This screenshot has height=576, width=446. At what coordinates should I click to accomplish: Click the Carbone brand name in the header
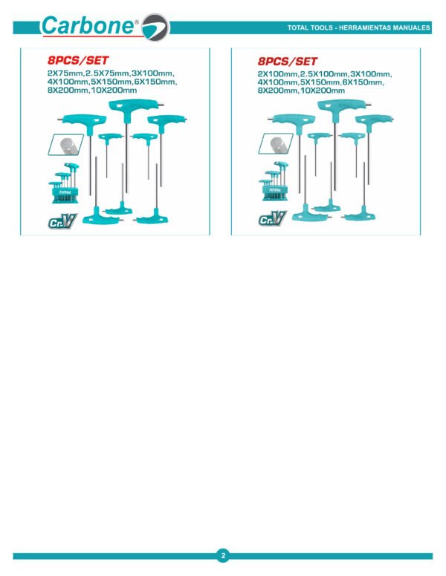(88, 26)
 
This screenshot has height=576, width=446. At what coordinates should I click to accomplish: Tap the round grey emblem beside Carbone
(155, 27)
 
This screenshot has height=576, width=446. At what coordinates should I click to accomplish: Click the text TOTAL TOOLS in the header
(310, 27)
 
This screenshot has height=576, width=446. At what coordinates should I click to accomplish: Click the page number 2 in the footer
(223, 555)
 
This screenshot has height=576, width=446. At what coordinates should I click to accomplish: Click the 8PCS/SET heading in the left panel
(78, 60)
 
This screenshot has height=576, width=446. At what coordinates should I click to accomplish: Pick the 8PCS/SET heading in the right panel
(288, 61)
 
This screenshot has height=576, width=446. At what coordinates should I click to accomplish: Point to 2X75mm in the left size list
(65, 73)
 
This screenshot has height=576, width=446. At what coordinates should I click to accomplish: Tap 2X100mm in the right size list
(277, 74)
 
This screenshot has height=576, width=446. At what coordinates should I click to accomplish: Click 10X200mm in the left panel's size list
(114, 91)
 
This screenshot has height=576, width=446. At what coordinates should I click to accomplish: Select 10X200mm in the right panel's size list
(323, 91)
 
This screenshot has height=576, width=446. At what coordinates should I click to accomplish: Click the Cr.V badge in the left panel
(62, 221)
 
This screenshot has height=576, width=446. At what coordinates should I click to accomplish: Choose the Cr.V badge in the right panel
(273, 218)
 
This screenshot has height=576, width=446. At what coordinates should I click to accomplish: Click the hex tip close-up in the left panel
(66, 145)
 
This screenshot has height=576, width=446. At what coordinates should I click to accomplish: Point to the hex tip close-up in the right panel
(276, 143)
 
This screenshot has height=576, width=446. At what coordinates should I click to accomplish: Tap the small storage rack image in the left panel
(64, 183)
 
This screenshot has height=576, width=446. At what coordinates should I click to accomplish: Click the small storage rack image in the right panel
(274, 181)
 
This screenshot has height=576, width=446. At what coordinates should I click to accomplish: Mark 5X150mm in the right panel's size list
(320, 82)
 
